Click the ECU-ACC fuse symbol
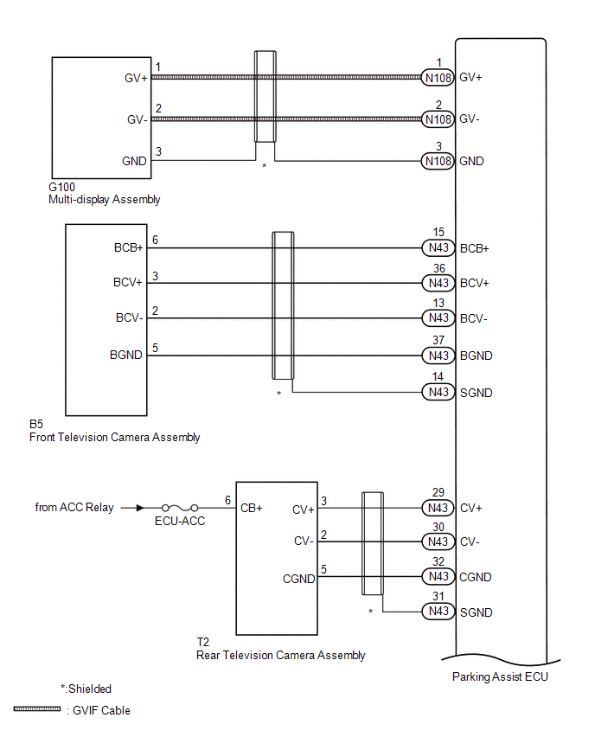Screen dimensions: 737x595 pyautogui.click(x=180, y=508)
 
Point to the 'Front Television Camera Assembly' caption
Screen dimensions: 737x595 pyautogui.click(x=114, y=438)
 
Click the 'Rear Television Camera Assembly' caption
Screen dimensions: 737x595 pyautogui.click(x=281, y=655)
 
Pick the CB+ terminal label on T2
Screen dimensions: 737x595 pyautogui.click(x=252, y=509)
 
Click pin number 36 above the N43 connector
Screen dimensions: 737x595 pyautogui.click(x=438, y=269)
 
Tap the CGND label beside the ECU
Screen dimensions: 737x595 pyautogui.click(x=476, y=577)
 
